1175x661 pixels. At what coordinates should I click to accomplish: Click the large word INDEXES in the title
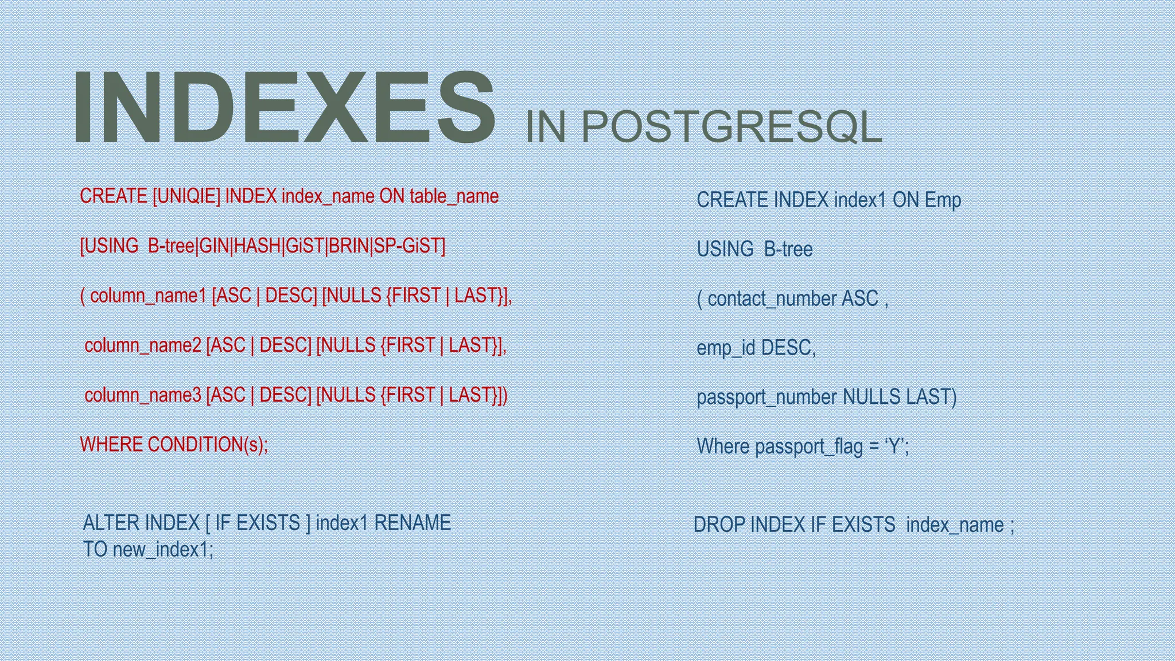[x=284, y=107]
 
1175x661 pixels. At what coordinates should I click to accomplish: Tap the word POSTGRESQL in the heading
[x=732, y=127]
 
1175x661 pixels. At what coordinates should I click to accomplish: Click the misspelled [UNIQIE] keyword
[x=186, y=196]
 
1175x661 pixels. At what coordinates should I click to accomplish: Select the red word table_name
[x=454, y=196]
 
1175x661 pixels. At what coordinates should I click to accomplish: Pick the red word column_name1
[x=148, y=296]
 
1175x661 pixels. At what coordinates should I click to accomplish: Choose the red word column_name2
[x=143, y=345]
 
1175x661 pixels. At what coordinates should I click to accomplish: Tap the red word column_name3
[x=143, y=395]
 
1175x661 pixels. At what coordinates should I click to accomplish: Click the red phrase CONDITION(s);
[x=208, y=445]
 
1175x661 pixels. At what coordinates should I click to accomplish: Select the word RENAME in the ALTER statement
[x=412, y=523]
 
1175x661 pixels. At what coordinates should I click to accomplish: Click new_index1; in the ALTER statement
[x=163, y=550]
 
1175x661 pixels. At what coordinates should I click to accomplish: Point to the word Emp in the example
[x=943, y=200]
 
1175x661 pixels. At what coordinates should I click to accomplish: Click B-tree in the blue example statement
[x=788, y=250]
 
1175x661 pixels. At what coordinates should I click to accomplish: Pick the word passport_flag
[x=808, y=446]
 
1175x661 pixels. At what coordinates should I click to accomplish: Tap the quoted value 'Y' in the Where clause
[x=894, y=446]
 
